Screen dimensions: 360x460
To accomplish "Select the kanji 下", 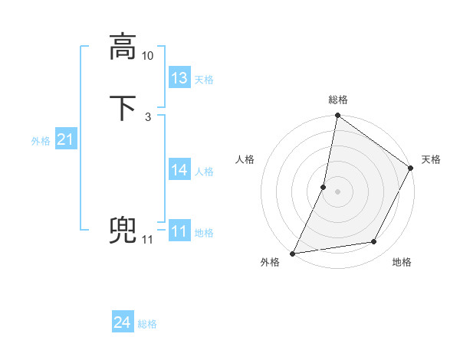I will pos(123,108).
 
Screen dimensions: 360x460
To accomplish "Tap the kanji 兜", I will pos(123,230).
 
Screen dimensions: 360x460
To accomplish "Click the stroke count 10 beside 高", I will pos(148,56).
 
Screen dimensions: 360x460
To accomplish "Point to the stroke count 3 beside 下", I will pos(147,117).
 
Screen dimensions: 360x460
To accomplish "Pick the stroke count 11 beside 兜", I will pos(147,240).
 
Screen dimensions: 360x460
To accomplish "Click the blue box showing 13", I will pos(179,77).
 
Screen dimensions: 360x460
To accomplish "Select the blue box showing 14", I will pos(179,169).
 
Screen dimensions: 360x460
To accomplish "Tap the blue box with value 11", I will pos(179,231).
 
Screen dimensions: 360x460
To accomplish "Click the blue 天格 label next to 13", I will pos(204,80).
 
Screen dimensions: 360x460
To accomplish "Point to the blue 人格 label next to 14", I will pos(204,172).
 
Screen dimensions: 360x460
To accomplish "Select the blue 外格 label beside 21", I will pos(41,141).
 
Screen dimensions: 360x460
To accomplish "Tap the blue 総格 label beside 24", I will pos(147,325).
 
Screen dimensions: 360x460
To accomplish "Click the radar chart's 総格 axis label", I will pos(337,100).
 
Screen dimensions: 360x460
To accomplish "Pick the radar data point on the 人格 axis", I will pos(324,187).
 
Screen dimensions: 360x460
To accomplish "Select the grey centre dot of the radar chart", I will pos(337,191).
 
